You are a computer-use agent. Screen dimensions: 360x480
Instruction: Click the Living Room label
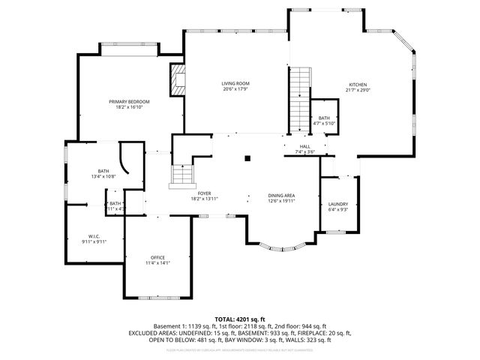pos(235,83)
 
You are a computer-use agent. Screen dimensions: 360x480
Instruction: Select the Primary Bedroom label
pos(129,101)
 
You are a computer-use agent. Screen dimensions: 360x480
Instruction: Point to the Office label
pos(157,257)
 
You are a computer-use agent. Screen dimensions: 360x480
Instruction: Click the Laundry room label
pos(337,204)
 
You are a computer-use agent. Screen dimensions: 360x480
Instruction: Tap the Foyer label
pos(204,193)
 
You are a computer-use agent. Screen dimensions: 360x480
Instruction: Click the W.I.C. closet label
pos(94,236)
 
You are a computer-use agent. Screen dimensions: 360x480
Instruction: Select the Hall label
pos(305,146)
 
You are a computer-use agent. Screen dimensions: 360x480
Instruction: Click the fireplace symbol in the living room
pos(178,80)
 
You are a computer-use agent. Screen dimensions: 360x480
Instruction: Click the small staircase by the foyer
pos(182,175)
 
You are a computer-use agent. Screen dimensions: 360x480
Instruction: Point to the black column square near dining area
pos(247,158)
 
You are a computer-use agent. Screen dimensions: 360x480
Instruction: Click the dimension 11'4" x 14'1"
pos(157,263)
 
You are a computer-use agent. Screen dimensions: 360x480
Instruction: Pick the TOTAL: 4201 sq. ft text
pos(239,319)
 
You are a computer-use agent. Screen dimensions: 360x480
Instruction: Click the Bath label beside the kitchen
pos(323,118)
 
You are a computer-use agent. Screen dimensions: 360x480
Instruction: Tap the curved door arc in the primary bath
pos(124,159)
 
